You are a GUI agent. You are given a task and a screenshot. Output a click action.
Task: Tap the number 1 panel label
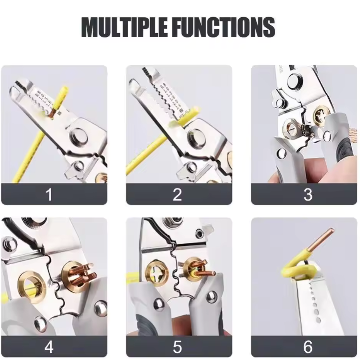point(49,194)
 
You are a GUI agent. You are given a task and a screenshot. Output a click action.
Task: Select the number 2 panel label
point(177,194)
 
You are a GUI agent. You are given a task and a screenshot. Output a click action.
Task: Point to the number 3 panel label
point(308,194)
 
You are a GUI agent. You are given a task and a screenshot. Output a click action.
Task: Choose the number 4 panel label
point(49,347)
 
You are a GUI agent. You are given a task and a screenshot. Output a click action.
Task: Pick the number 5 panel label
point(177,347)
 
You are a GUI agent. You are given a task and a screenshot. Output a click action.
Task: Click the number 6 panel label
point(308,347)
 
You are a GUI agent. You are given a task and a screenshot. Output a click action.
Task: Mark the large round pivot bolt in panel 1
point(79,136)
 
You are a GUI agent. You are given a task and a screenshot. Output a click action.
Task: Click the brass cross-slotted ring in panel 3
point(322,115)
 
